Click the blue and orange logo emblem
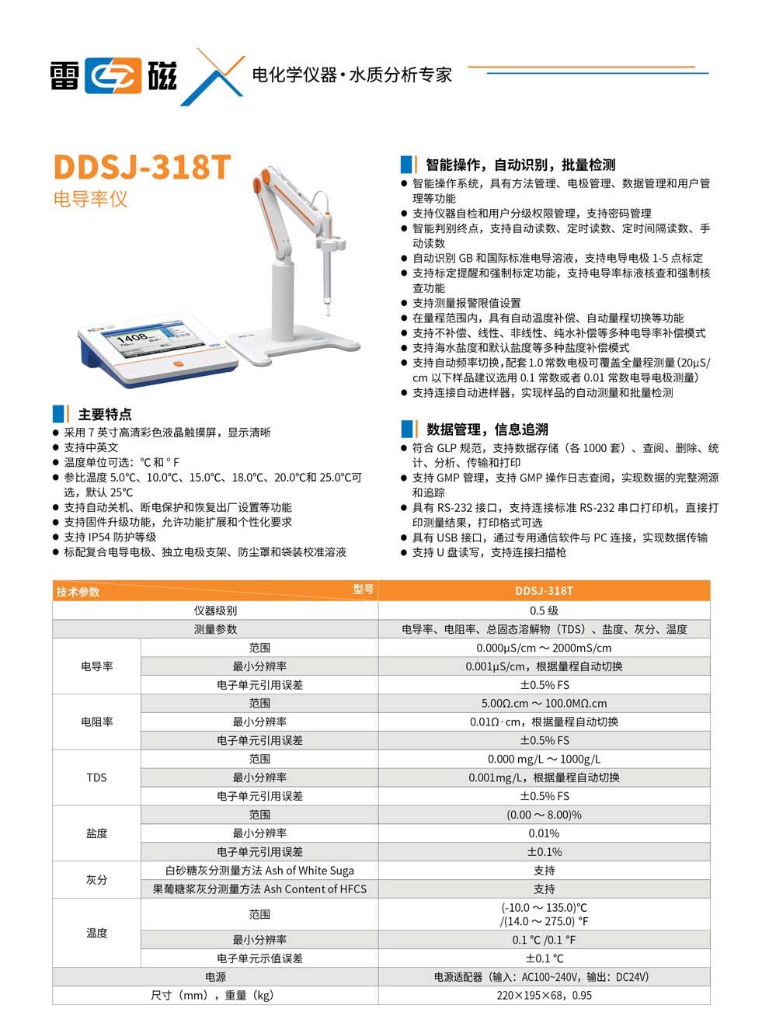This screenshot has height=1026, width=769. pos(114,75)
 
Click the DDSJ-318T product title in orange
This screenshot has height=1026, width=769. pos(142,167)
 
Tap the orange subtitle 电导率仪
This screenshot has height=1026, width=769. pos(90,200)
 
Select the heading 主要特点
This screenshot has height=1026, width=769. pos(105,414)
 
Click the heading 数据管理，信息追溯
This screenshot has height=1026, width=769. pos(487,429)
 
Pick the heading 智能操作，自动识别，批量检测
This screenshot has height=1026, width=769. pos(520,165)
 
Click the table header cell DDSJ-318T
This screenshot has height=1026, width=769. pos(544,591)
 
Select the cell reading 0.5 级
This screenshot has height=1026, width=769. pos(544,610)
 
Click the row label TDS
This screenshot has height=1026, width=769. pos(96,777)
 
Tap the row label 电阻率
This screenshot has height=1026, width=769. pos(96,722)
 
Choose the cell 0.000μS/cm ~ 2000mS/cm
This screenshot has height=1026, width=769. pos(544,648)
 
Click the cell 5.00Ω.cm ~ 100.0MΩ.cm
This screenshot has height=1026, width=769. pos(544,704)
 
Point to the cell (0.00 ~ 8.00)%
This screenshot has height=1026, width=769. pos(544,815)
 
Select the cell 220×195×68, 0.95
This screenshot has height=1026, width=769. pos(544,995)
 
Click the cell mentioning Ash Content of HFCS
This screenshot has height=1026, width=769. pos(259,889)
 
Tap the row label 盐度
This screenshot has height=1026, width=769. pos(96,833)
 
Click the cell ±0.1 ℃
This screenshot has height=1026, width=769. pos(544,958)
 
